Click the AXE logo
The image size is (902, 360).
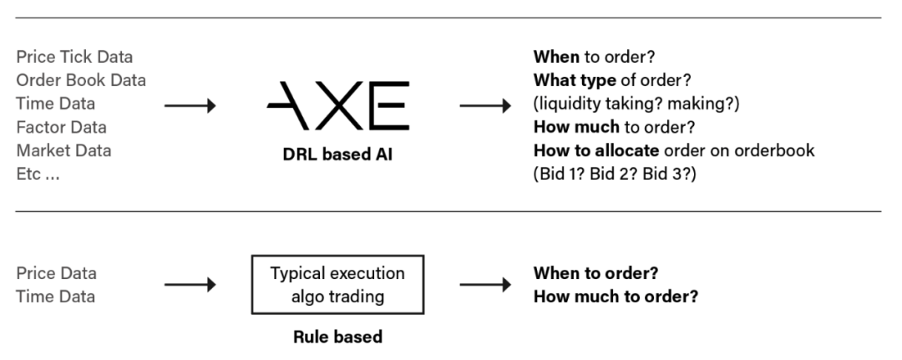pyautogui.click(x=338, y=105)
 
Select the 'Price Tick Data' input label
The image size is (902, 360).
pyautogui.click(x=75, y=57)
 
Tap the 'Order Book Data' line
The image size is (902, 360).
pyautogui.click(x=81, y=80)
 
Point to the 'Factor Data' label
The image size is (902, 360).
pyautogui.click(x=62, y=127)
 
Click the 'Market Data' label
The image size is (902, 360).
pyautogui.click(x=63, y=150)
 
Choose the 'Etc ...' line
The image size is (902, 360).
pyautogui.click(x=38, y=175)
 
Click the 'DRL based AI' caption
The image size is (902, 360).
pyautogui.click(x=337, y=155)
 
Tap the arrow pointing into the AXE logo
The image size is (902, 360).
pyautogui.click(x=190, y=106)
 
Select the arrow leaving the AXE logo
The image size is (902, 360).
pyautogui.click(x=485, y=106)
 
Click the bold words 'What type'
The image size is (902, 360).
pyautogui.click(x=575, y=80)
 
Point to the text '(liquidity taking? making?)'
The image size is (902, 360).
pyautogui.click(x=636, y=104)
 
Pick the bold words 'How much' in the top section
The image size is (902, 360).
pyautogui.click(x=576, y=127)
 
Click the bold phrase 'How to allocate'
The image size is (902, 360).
pyautogui.click(x=596, y=150)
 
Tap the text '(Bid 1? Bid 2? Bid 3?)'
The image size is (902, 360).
pyautogui.click(x=615, y=175)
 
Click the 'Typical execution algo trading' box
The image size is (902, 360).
pyautogui.click(x=337, y=285)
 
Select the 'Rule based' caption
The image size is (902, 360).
pyautogui.click(x=337, y=337)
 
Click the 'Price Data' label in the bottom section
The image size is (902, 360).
pyautogui.click(x=57, y=273)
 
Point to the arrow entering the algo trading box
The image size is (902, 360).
pyautogui.click(x=190, y=285)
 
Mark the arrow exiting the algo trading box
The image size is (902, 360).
pyautogui.click(x=485, y=285)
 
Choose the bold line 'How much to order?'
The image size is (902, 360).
pyautogui.click(x=616, y=297)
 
